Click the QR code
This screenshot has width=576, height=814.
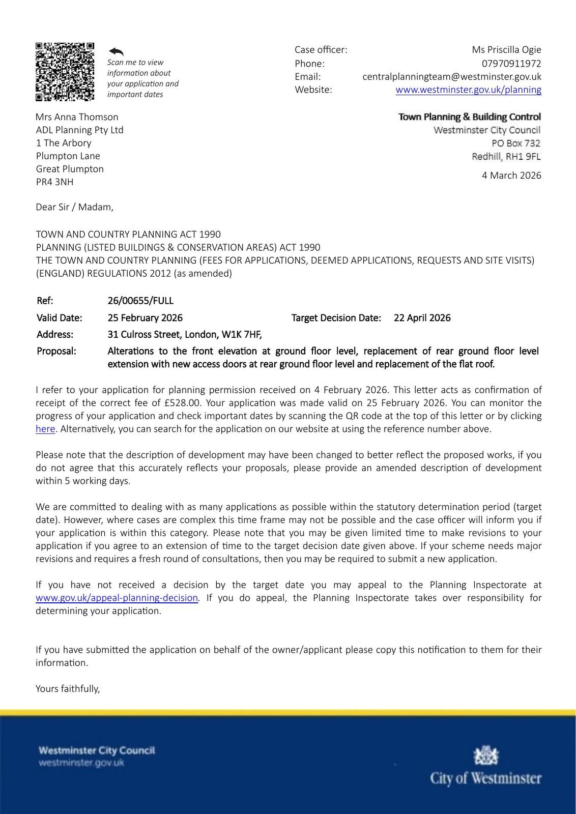tap(65, 71)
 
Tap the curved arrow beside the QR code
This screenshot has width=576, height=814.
tap(116, 51)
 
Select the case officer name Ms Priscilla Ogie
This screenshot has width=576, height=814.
tap(506, 50)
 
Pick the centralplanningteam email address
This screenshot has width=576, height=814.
tap(451, 77)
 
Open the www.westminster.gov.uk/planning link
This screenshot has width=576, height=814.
tap(468, 90)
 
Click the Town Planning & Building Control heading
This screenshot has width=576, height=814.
tap(469, 117)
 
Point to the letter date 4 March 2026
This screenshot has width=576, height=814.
tap(511, 176)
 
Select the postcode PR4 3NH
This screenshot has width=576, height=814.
tap(54, 182)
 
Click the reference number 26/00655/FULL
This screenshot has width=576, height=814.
tap(140, 301)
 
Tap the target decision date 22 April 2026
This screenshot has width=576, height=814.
tap(422, 318)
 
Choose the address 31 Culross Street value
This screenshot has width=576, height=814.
tap(184, 335)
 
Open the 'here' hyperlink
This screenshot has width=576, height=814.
tap(45, 429)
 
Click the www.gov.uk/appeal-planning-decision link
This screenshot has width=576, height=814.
tap(117, 598)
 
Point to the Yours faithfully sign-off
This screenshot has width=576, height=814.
tap(68, 689)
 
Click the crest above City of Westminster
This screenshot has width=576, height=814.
tap(486, 757)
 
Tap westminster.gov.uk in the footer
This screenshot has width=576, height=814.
tap(81, 763)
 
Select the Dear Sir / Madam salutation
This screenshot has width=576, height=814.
tap(74, 207)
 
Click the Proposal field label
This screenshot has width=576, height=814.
tap(56, 351)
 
